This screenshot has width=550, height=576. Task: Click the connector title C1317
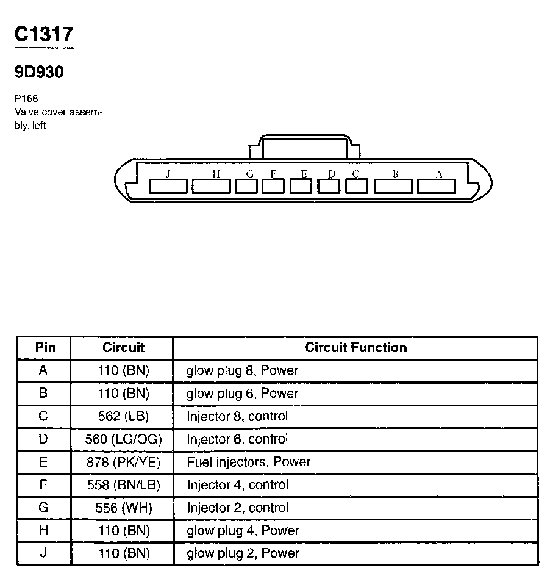pyautogui.click(x=43, y=35)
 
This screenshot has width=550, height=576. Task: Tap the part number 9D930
pyautogui.click(x=39, y=72)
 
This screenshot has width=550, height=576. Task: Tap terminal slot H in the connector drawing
pyautogui.click(x=212, y=185)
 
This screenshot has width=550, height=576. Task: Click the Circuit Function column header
pyautogui.click(x=355, y=348)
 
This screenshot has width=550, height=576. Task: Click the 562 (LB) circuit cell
pyautogui.click(x=123, y=416)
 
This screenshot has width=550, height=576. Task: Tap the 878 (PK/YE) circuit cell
pyautogui.click(x=123, y=462)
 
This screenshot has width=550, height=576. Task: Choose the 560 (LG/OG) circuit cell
pyautogui.click(x=123, y=439)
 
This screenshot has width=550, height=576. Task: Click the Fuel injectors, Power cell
pyautogui.click(x=248, y=462)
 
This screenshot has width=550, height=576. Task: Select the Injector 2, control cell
pyautogui.click(x=237, y=508)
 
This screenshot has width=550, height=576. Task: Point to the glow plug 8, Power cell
pyautogui.click(x=242, y=370)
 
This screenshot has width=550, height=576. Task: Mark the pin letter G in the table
pyautogui.click(x=43, y=508)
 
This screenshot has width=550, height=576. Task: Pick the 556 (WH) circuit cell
pyautogui.click(x=123, y=508)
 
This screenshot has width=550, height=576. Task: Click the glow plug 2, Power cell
pyautogui.click(x=242, y=553)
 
